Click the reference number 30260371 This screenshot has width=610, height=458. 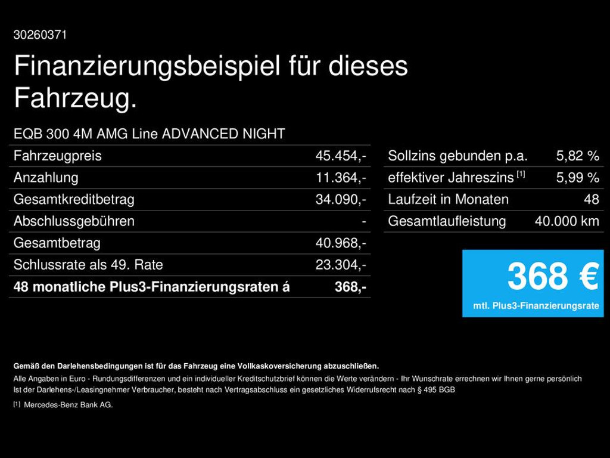[40, 35]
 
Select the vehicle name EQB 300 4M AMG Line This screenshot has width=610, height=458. [86, 134]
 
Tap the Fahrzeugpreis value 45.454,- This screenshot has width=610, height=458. [341, 156]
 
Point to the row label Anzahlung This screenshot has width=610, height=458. [46, 178]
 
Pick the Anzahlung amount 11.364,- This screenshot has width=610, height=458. [341, 178]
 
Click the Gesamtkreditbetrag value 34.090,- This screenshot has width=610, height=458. [341, 200]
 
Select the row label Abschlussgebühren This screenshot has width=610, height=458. [74, 221]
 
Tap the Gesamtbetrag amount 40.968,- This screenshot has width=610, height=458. [341, 243]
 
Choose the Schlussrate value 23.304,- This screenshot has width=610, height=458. [341, 265]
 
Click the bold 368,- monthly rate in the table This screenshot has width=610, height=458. [350, 287]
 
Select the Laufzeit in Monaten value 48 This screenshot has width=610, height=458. [592, 200]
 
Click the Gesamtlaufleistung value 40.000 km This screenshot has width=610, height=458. [567, 221]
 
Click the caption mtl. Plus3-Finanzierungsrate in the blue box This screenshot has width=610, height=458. [536, 306]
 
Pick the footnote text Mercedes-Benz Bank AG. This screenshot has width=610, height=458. [68, 405]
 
